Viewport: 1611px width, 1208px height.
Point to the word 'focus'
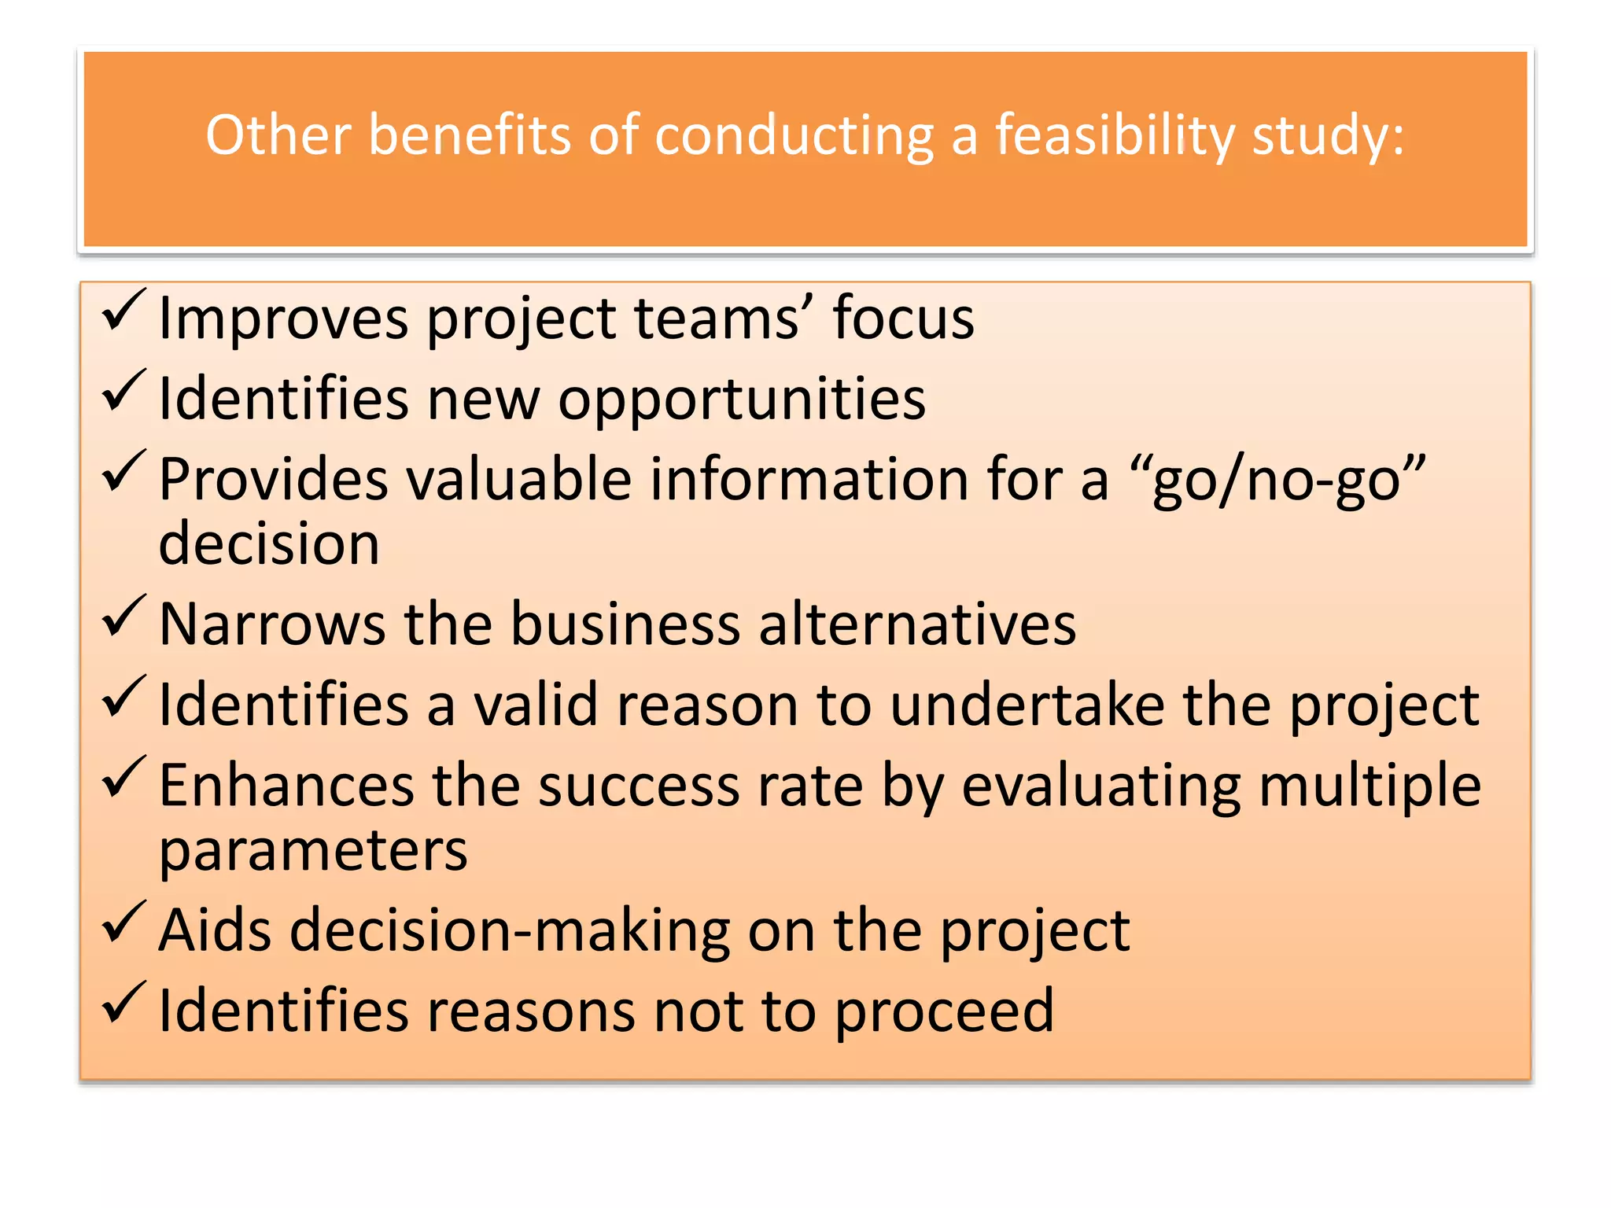point(903,318)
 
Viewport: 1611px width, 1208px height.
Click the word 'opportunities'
point(742,400)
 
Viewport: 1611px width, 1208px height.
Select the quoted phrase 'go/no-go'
point(1277,480)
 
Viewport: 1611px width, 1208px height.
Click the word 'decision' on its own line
point(269,543)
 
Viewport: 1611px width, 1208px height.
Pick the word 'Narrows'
point(272,624)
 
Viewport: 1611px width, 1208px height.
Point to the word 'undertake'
point(1027,705)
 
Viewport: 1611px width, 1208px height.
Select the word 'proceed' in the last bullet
point(944,1011)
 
